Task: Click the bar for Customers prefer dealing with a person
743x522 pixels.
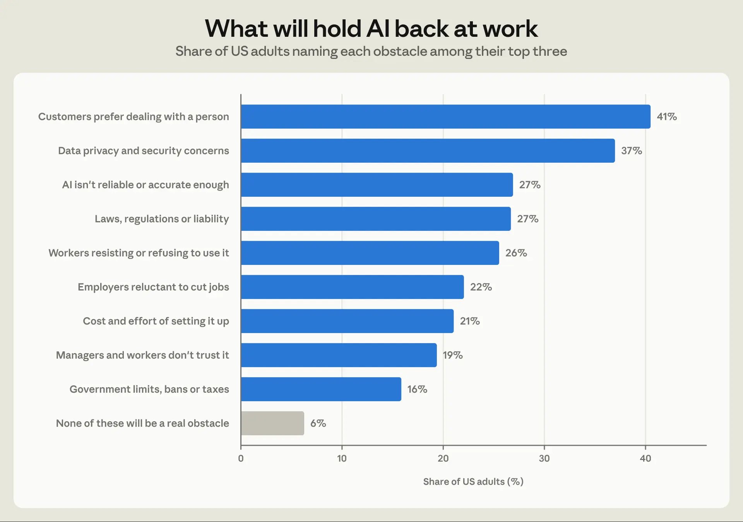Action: tap(445, 117)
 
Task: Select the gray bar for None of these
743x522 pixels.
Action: tap(272, 423)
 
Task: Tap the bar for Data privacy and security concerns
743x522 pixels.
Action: tap(428, 151)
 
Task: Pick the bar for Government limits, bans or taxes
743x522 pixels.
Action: tap(321, 389)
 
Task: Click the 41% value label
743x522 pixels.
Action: tap(667, 117)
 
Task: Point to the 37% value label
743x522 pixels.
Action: tap(632, 151)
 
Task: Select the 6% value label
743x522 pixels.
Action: tap(318, 423)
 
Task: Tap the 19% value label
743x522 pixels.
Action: tap(453, 355)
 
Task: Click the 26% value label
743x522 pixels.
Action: tap(516, 253)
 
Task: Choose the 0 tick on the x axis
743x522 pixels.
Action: tap(241, 458)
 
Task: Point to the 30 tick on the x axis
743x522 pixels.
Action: tap(544, 458)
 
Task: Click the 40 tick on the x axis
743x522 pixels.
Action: tap(645, 458)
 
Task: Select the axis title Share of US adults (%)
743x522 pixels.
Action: tap(473, 482)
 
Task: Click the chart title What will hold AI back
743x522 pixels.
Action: tap(371, 29)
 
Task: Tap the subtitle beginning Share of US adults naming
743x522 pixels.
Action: tap(371, 52)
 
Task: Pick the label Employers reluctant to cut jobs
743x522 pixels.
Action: tap(153, 287)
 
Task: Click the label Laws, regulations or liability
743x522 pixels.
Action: tap(162, 219)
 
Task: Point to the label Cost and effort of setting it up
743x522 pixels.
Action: tap(156, 321)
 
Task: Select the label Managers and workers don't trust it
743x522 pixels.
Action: tap(142, 355)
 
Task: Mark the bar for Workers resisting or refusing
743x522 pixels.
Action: tap(370, 253)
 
